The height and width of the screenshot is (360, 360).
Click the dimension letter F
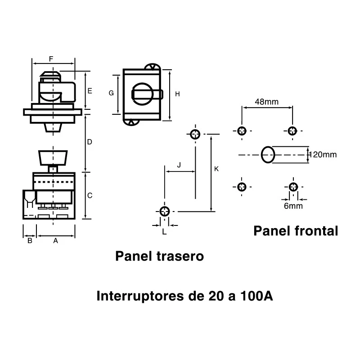coord(51,59)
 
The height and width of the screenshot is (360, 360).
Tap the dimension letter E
coord(90,91)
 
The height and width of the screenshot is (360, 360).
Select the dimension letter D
coord(90,142)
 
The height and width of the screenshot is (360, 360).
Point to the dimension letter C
coord(90,195)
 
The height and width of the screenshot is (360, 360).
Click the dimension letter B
coord(30,241)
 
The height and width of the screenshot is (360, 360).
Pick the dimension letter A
coord(55,241)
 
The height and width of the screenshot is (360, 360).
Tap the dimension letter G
coord(111,93)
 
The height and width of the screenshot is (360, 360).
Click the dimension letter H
coord(177,94)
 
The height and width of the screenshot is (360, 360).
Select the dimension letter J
coord(179,165)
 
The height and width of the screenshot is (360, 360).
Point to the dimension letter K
coord(216,169)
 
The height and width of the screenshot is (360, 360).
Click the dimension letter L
coord(164,232)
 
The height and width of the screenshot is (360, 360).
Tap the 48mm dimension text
coord(267,102)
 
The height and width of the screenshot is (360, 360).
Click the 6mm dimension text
coord(293,206)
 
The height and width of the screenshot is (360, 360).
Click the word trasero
coord(180,256)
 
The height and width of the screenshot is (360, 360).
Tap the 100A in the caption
coord(256,296)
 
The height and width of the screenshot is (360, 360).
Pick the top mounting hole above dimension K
coord(195,134)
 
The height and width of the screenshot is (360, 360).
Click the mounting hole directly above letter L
coord(164,211)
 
